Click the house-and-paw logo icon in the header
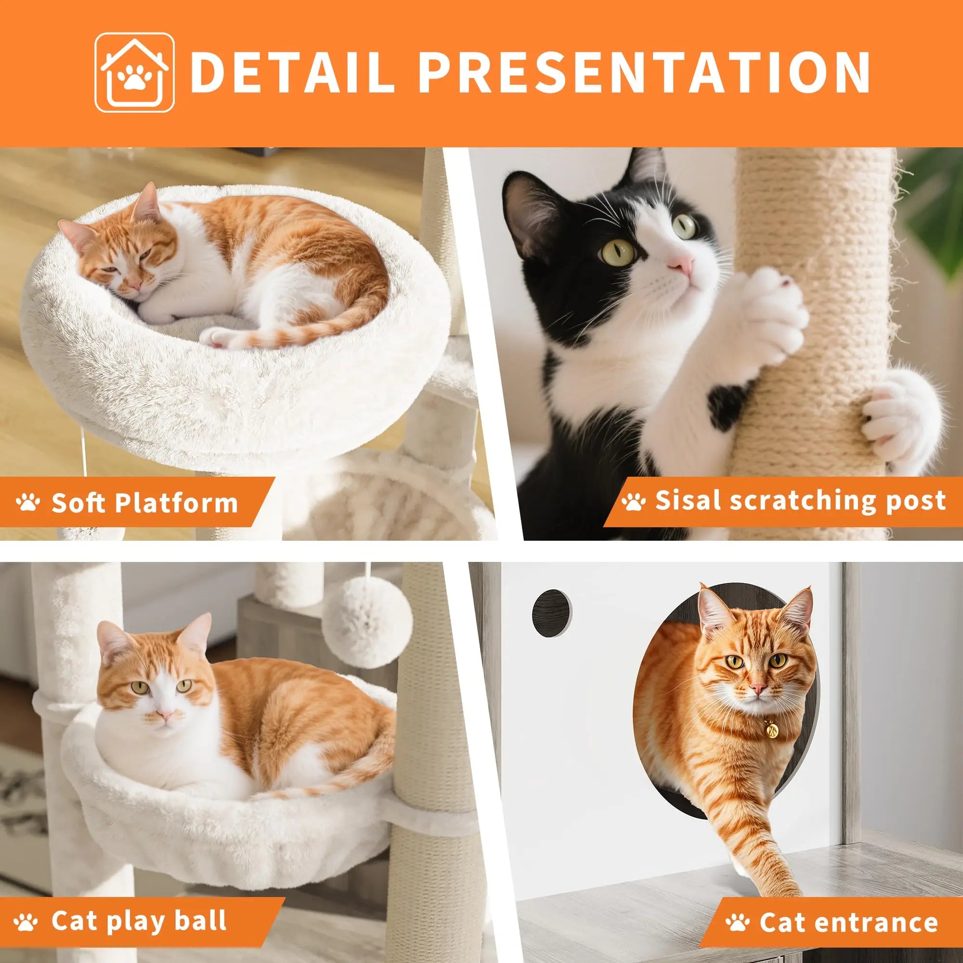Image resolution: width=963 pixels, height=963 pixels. pyautogui.click(x=135, y=72)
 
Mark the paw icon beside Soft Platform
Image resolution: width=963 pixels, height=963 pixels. pyautogui.click(x=28, y=504)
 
